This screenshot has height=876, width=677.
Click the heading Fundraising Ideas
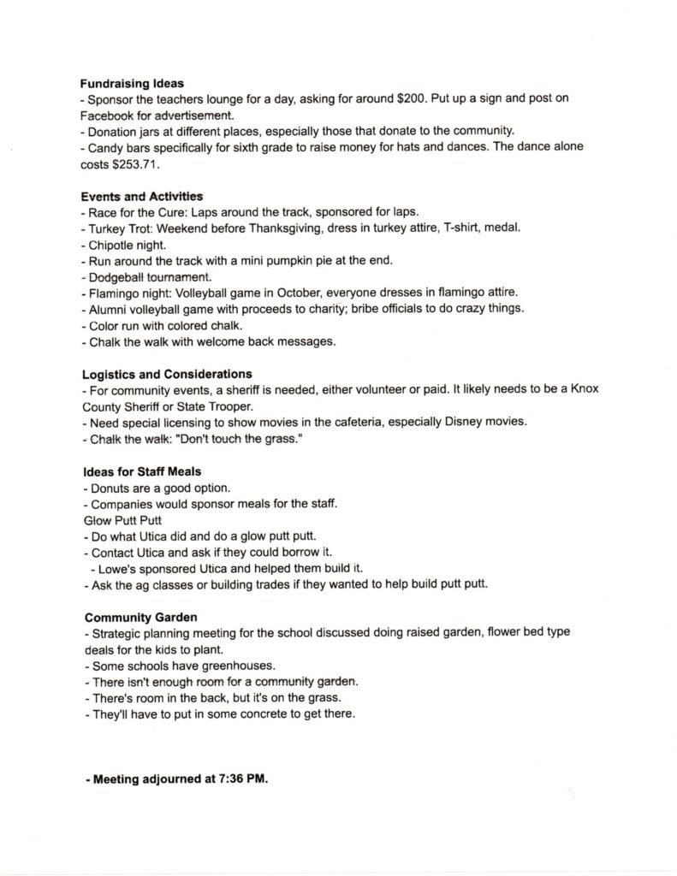(127, 84)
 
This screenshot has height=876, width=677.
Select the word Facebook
(110, 115)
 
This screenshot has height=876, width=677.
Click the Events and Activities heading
(142, 196)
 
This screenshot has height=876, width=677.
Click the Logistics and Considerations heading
(167, 374)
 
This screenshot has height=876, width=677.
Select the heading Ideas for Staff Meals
(142, 471)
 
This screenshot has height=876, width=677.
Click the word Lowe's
(116, 569)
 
